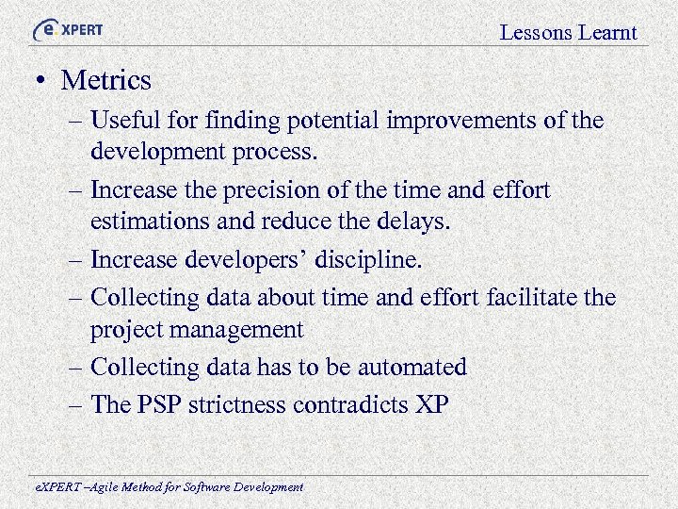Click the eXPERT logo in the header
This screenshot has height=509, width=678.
tap(67, 29)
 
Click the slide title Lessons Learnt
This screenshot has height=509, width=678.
tap(568, 33)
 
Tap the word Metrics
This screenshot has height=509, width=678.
tap(105, 81)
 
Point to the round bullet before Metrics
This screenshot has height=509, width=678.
tap(40, 81)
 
